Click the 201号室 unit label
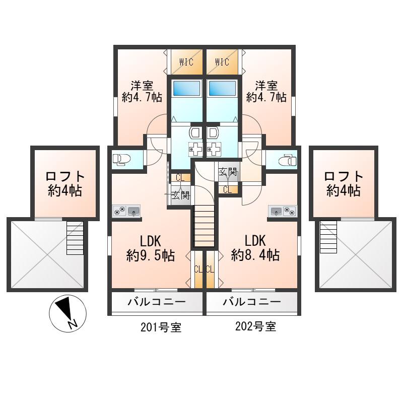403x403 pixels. click(x=161, y=327)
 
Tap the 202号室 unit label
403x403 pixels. click(x=256, y=326)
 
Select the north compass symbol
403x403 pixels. click(x=68, y=313)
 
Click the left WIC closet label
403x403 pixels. click(x=186, y=62)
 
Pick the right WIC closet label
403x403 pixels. click(x=222, y=62)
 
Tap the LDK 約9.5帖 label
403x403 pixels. click(x=151, y=248)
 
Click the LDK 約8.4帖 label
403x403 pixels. click(x=255, y=248)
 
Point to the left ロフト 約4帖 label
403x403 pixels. click(x=65, y=183)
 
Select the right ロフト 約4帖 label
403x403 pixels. click(x=344, y=183)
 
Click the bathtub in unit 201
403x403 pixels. click(x=186, y=89)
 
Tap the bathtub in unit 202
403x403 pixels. click(x=222, y=89)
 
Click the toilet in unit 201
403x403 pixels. click(x=121, y=159)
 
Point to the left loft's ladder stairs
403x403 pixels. click(x=75, y=238)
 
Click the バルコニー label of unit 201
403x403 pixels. click(x=157, y=301)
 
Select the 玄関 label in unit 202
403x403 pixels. click(x=228, y=171)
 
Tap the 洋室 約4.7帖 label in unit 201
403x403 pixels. click(x=142, y=92)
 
